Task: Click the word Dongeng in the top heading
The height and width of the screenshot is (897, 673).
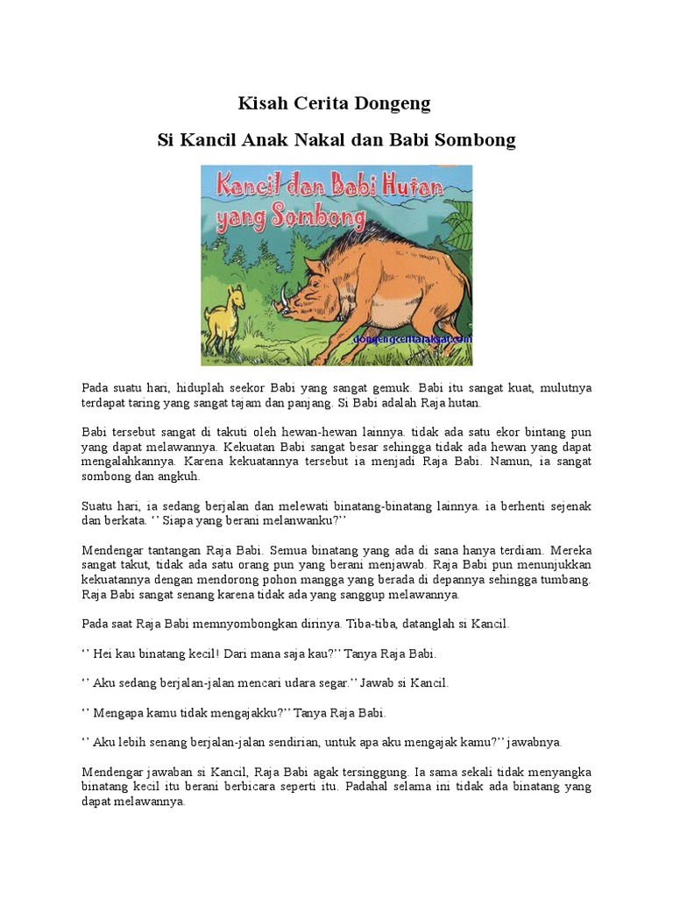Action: tap(392, 104)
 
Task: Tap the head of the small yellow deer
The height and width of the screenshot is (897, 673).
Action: tap(234, 294)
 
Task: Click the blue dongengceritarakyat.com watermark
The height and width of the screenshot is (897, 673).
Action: tap(412, 338)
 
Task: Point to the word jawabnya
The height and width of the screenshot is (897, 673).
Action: tap(535, 742)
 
